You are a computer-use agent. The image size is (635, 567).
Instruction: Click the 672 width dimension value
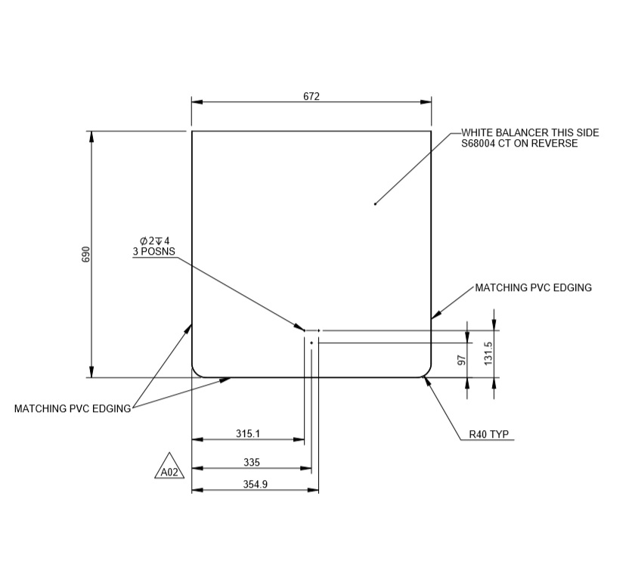[x=312, y=96]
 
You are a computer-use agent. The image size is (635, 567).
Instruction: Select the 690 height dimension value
[x=85, y=254]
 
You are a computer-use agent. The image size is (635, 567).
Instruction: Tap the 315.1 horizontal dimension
[x=248, y=434]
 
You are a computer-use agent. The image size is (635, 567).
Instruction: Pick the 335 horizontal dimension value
[x=252, y=462]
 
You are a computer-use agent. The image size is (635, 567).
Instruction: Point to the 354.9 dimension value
[x=255, y=485]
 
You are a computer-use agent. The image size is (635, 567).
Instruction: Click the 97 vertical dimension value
[x=461, y=361]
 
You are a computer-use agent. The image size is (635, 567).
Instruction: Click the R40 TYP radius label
[x=488, y=435]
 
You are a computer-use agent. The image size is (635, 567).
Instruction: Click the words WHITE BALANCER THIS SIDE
[x=529, y=132]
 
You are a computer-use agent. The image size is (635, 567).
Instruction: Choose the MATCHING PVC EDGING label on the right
[x=533, y=288]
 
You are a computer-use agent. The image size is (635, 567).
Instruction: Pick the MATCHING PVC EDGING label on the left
[x=73, y=409]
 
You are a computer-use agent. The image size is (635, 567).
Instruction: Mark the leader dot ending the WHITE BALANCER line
[x=375, y=203]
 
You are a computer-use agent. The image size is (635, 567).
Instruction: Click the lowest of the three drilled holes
[x=311, y=342]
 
